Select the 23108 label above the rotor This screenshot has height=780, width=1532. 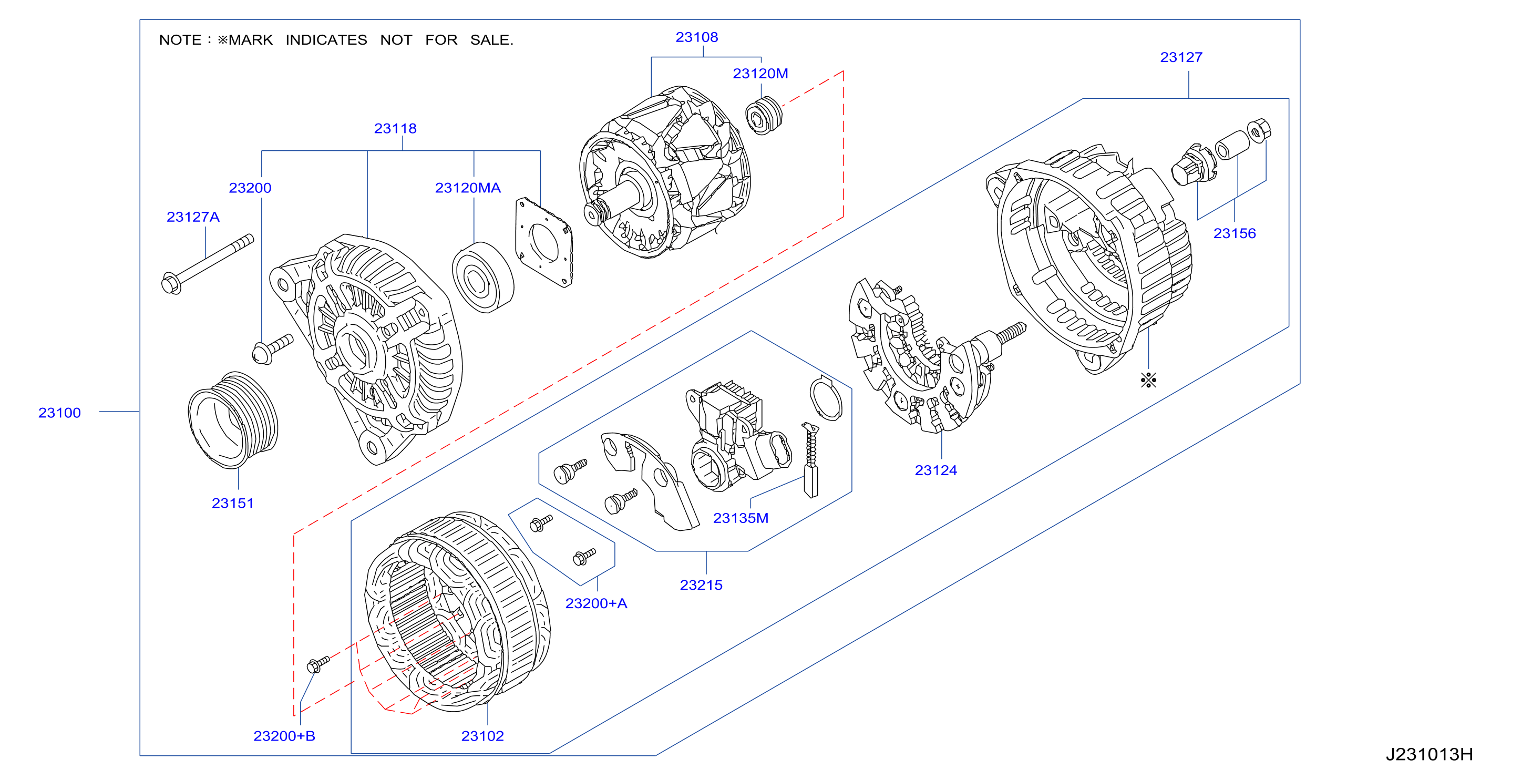[696, 37]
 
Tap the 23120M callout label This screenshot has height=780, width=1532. [760, 73]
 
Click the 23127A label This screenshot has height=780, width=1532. [193, 217]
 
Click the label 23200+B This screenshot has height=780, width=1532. [284, 735]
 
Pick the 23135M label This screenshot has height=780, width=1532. [741, 518]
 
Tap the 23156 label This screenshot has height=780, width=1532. [1234, 233]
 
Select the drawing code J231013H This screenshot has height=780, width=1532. [1429, 754]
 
